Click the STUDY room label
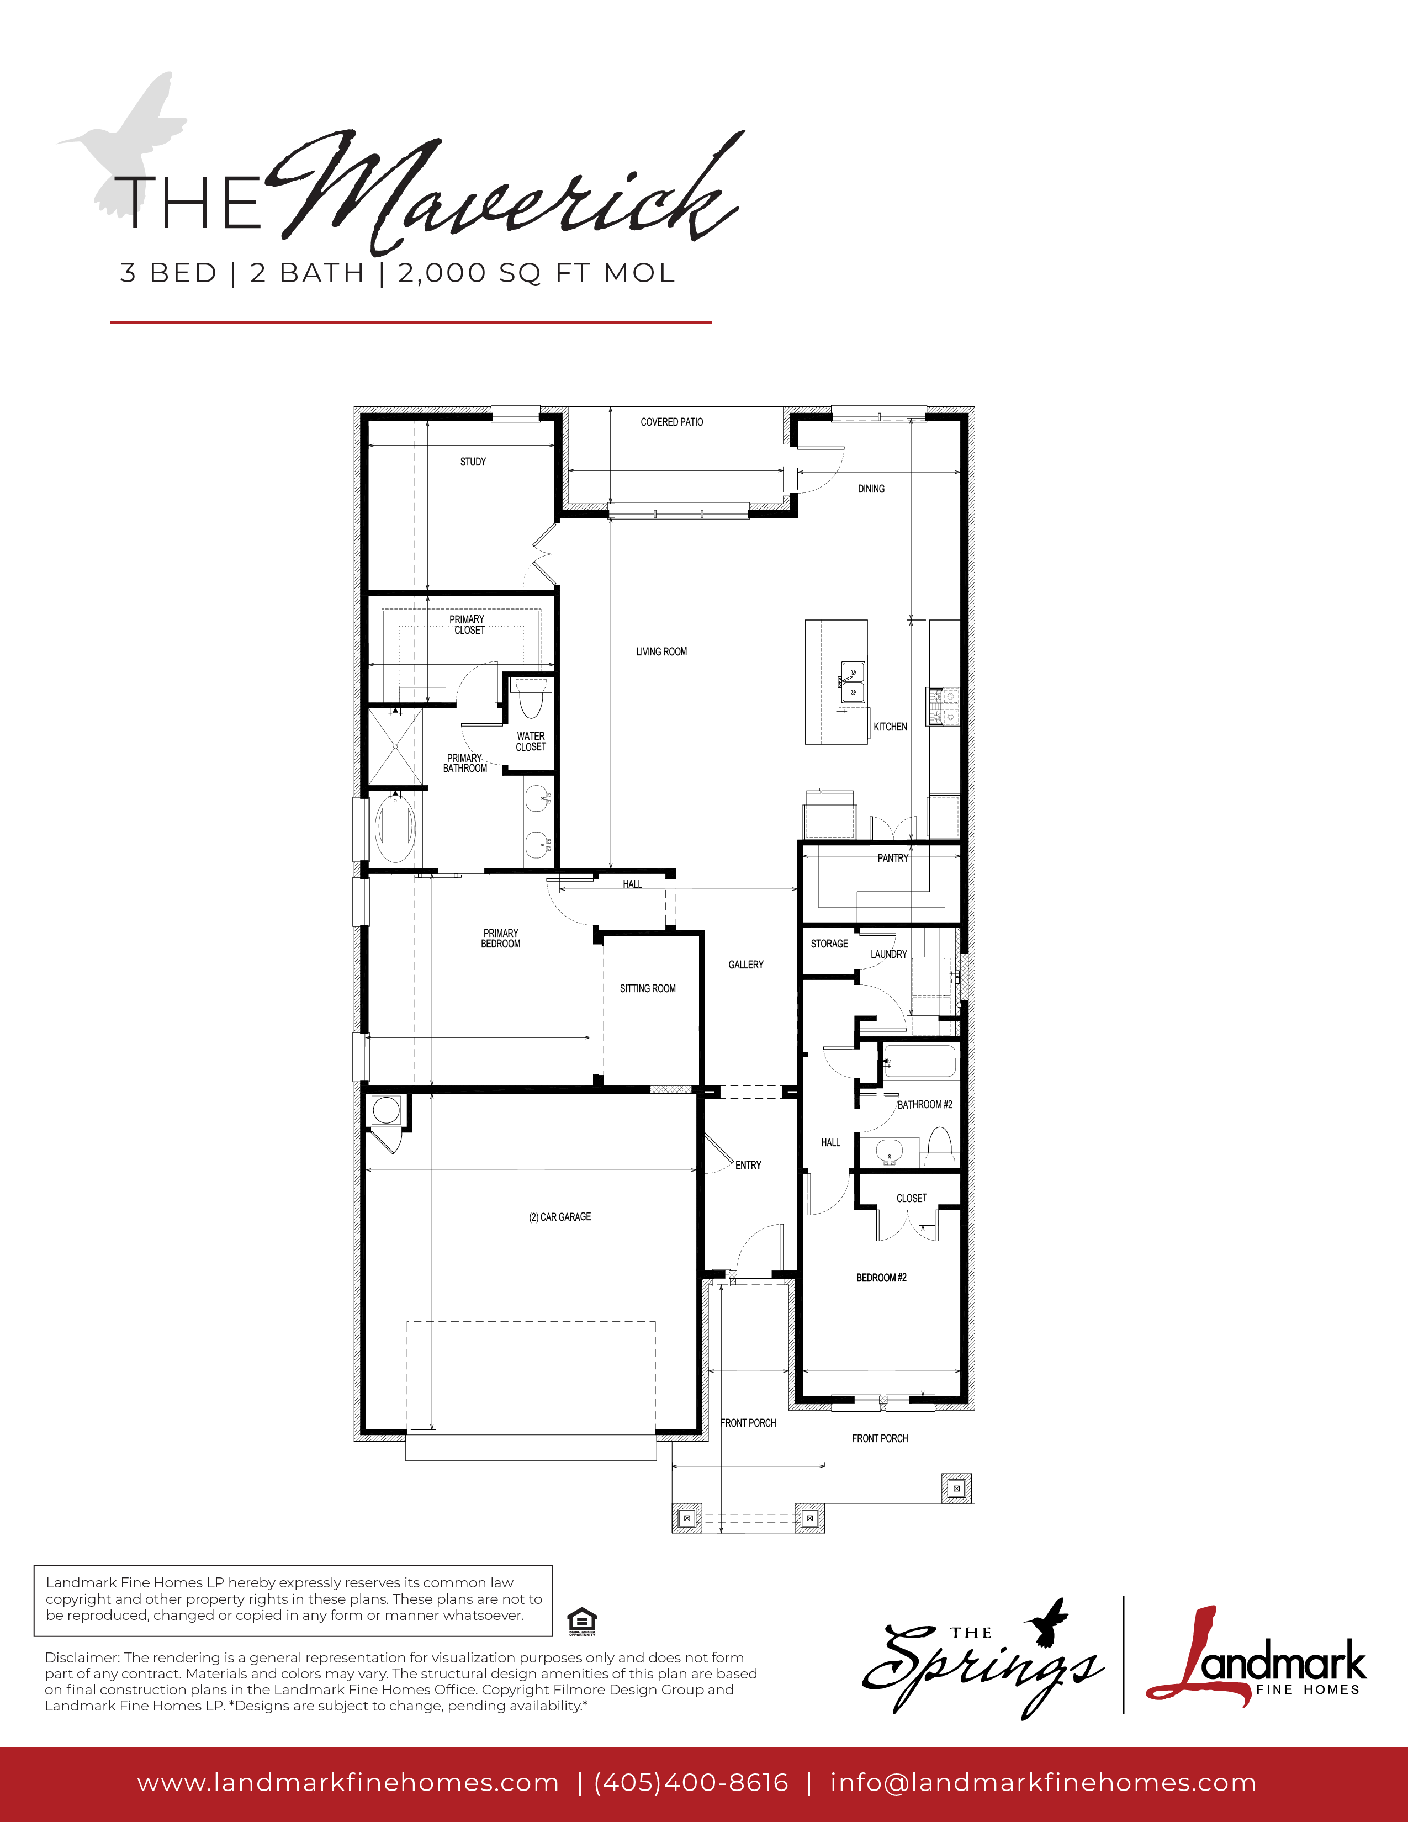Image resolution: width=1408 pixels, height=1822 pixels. pyautogui.click(x=473, y=462)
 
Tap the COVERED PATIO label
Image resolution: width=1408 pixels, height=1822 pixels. pyautogui.click(x=671, y=422)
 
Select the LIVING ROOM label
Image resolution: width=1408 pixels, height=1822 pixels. pyautogui.click(x=661, y=652)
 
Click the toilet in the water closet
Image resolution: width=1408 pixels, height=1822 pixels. pyautogui.click(x=531, y=698)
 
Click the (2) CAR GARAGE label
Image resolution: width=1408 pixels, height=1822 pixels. pyautogui.click(x=560, y=1217)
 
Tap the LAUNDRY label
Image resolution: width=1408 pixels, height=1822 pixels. pyautogui.click(x=888, y=955)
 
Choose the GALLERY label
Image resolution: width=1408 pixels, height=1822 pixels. pyautogui.click(x=746, y=965)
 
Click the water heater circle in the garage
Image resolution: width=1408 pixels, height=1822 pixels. pyautogui.click(x=386, y=1110)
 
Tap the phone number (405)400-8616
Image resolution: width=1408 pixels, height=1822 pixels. pyautogui.click(x=691, y=1783)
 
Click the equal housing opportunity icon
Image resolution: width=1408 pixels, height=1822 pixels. pyautogui.click(x=581, y=1622)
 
